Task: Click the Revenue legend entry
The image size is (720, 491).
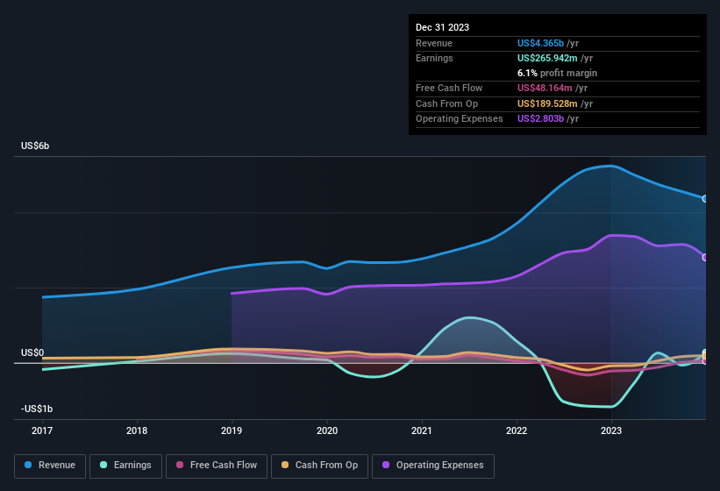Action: pyautogui.click(x=50, y=466)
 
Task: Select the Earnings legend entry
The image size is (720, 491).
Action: pyautogui.click(x=125, y=466)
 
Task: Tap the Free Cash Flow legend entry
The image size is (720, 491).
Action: pyautogui.click(x=217, y=466)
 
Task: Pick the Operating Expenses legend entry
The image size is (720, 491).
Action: pyautogui.click(x=433, y=466)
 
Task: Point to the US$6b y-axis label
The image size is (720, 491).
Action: pyautogui.click(x=35, y=146)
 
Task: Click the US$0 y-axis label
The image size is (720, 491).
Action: pyautogui.click(x=32, y=352)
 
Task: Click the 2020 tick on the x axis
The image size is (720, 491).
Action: pyautogui.click(x=326, y=431)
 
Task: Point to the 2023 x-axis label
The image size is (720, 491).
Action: pyautogui.click(x=611, y=431)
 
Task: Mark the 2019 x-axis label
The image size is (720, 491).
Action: pyautogui.click(x=232, y=431)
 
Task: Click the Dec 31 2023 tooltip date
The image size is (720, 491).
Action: pyautogui.click(x=443, y=27)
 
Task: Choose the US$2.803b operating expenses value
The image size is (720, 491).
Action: pyautogui.click(x=548, y=118)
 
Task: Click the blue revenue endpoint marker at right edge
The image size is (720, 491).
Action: pyautogui.click(x=705, y=199)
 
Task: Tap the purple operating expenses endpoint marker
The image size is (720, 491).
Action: pyautogui.click(x=705, y=257)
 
